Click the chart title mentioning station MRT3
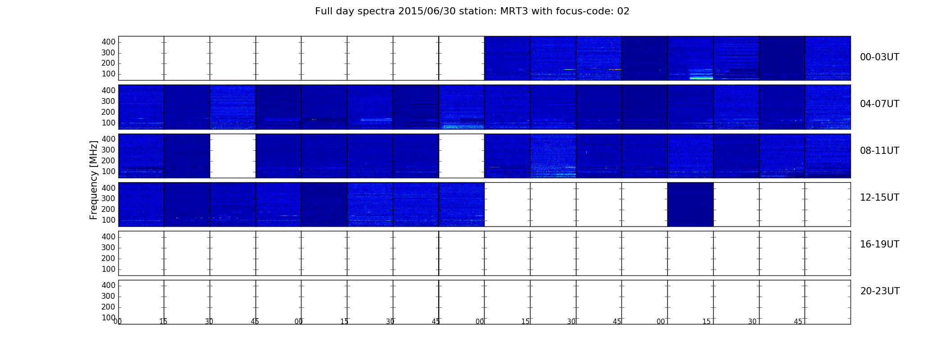(x=472, y=11)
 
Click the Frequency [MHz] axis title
(x=94, y=180)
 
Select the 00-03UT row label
(x=879, y=57)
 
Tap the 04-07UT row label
(x=879, y=104)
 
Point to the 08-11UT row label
(x=879, y=151)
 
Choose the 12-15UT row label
(x=879, y=198)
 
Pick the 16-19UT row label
(x=879, y=244)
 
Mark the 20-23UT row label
(x=880, y=291)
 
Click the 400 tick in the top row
(x=108, y=42)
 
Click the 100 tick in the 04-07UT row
(x=108, y=123)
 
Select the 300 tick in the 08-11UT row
(x=108, y=150)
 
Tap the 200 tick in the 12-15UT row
(x=108, y=209)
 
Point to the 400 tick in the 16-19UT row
(x=108, y=237)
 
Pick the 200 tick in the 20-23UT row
(x=108, y=307)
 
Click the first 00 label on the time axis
(x=117, y=322)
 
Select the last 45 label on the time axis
(x=798, y=322)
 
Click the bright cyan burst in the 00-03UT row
(x=701, y=78)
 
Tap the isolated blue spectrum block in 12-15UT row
(x=690, y=204)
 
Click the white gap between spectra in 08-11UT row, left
(x=233, y=156)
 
